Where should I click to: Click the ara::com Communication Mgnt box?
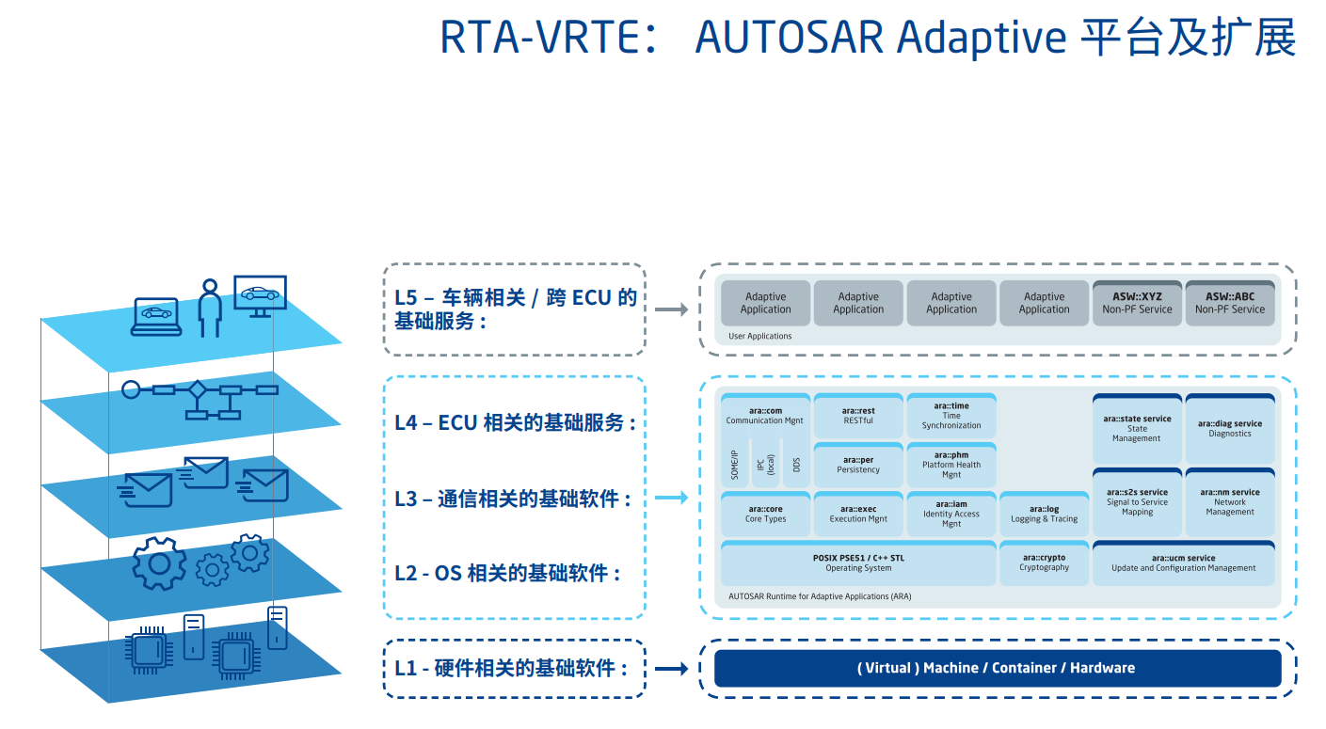pos(765,416)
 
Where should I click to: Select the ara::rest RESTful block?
pos(857,416)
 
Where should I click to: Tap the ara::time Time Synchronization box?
pos(951,416)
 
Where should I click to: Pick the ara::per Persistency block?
pos(857,465)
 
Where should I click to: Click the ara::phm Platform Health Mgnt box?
pos(951,465)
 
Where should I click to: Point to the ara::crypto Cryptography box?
pos(1044,563)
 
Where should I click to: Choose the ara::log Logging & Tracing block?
pos(1044,514)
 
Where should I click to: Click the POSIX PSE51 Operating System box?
pos(857,563)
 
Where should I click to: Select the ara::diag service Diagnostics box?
pos(1229,429)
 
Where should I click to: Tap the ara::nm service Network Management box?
pos(1229,501)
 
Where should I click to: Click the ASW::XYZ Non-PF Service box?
pos(1136,303)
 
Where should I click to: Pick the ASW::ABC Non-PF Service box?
pos(1229,303)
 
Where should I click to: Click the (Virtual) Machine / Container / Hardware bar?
pos(997,668)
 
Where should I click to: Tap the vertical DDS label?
pos(796,465)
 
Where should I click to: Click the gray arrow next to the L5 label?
pos(671,309)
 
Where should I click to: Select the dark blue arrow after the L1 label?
pos(671,668)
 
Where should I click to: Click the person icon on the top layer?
pos(209,307)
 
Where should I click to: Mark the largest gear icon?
pos(159,563)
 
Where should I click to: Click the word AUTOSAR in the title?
pos(790,38)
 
